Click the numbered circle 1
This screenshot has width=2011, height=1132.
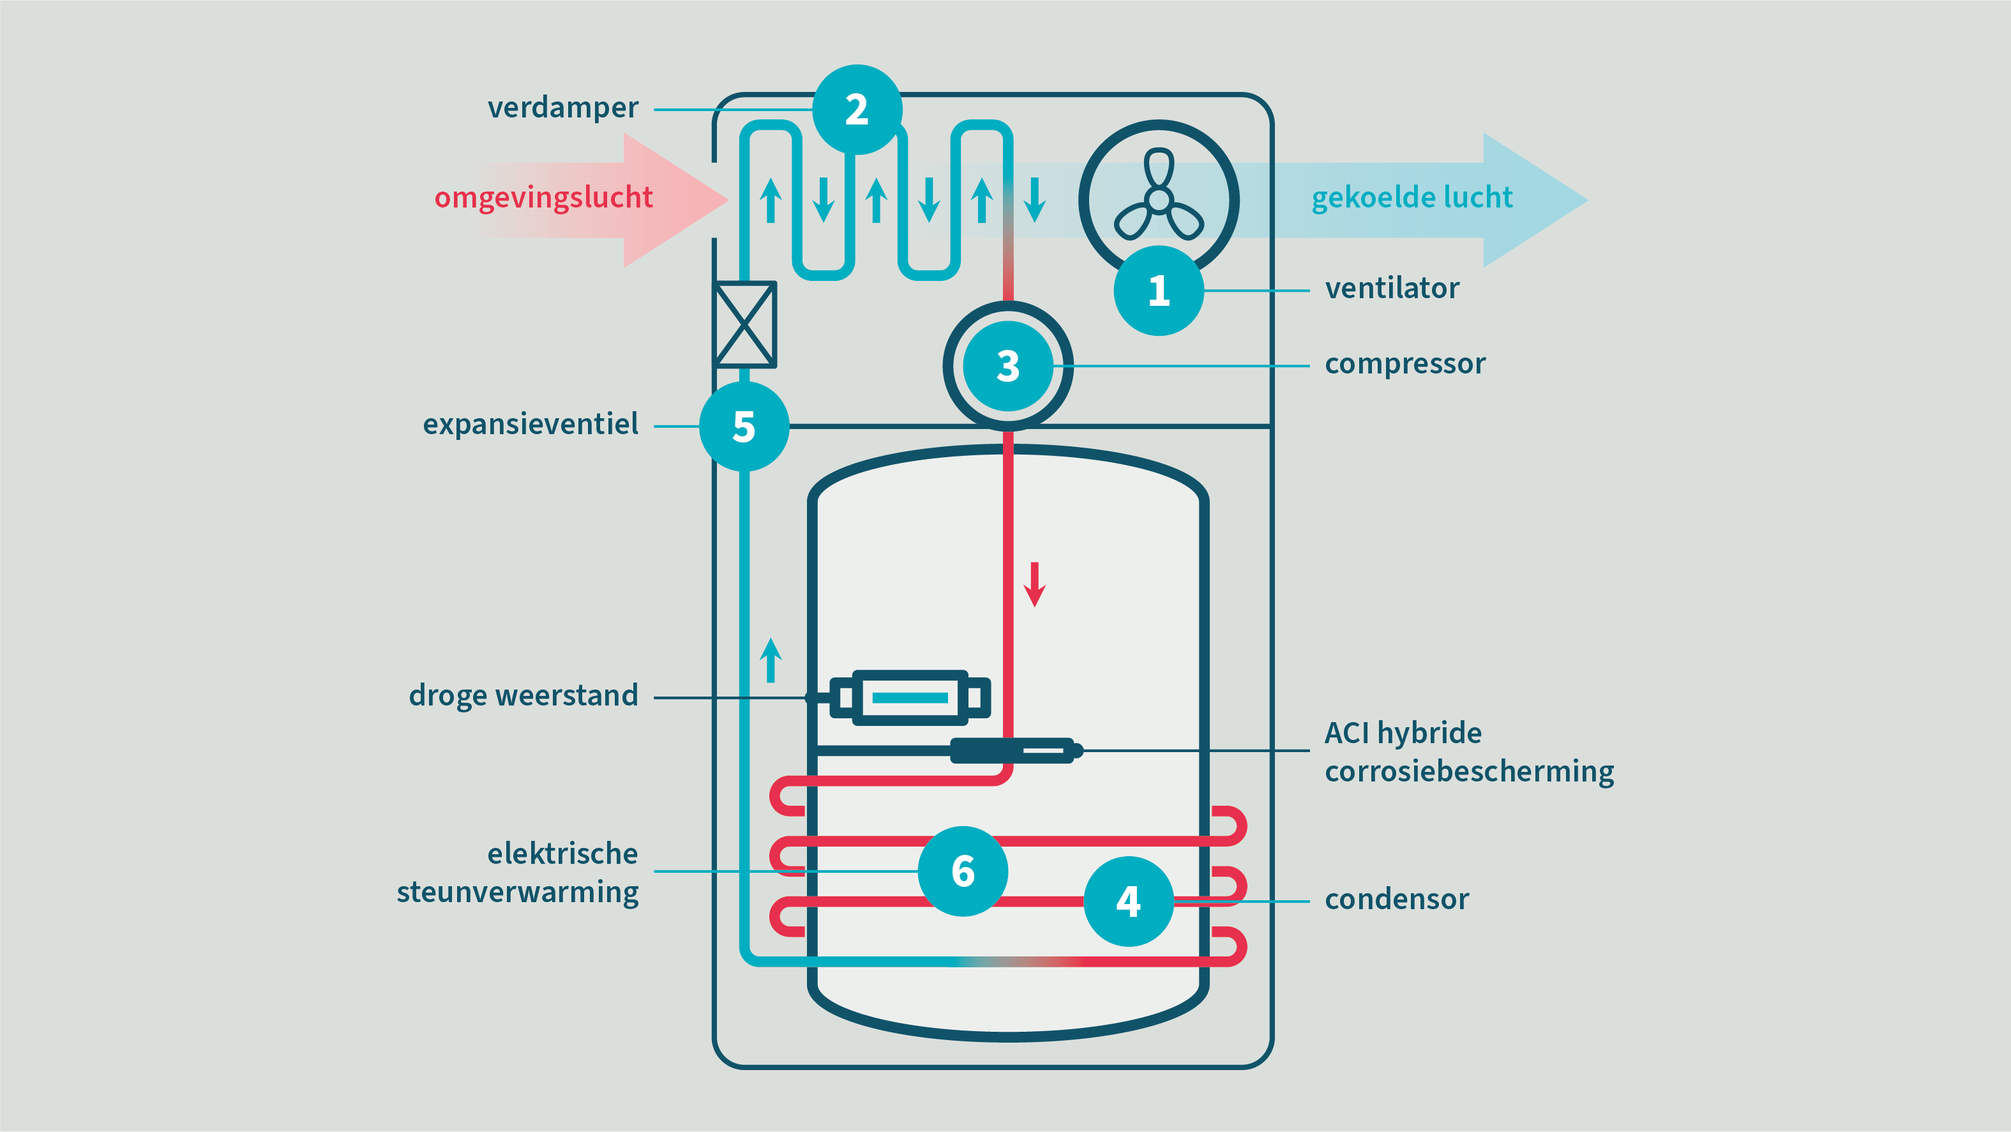point(1159,291)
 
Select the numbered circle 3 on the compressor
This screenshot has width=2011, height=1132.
point(1008,365)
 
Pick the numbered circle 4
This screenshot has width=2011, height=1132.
point(1128,901)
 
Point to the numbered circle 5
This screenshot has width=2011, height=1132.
point(744,426)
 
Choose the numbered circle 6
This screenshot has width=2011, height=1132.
point(963,870)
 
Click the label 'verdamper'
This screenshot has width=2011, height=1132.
point(563,108)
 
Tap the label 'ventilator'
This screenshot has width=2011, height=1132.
point(1392,289)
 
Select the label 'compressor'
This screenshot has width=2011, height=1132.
point(1405,364)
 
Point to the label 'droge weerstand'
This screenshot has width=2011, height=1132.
point(523,695)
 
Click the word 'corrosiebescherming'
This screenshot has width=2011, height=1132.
point(1469,771)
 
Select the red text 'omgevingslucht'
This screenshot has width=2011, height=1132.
point(543,197)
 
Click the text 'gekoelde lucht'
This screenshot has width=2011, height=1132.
point(1412,197)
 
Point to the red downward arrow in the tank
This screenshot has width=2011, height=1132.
point(1035,584)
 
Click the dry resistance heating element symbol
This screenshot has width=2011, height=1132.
point(910,697)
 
